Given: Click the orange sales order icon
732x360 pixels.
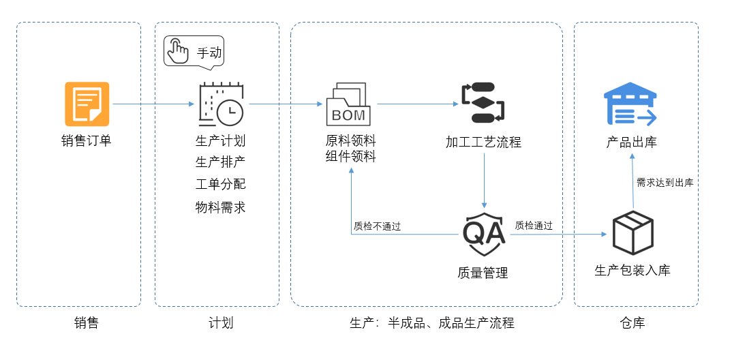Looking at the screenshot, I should click(87, 104).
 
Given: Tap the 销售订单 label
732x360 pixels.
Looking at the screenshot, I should click(87, 141).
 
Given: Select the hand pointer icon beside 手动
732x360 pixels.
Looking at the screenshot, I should click(179, 52).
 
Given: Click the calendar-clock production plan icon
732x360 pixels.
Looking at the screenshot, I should click(220, 104).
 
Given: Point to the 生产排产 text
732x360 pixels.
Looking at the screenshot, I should click(220, 163).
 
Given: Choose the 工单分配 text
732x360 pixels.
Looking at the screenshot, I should click(220, 185).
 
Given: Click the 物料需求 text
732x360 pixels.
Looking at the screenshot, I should click(220, 207).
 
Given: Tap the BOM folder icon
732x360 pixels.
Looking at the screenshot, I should click(348, 104).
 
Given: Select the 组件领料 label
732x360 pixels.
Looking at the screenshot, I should click(350, 156).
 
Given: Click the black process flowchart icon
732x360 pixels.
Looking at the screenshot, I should click(483, 102).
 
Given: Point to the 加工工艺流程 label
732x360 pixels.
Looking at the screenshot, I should click(483, 142).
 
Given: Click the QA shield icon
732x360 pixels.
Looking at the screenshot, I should click(484, 230).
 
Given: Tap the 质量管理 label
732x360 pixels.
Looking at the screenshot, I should click(483, 273).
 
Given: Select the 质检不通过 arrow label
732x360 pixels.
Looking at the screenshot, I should click(377, 226).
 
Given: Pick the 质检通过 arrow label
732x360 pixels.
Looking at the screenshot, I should click(534, 226).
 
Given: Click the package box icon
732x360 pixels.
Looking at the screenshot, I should click(632, 232).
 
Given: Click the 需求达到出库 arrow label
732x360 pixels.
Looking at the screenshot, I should click(665, 183).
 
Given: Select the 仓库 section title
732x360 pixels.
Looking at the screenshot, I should click(633, 323).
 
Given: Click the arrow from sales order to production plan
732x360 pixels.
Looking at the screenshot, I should click(153, 104).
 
